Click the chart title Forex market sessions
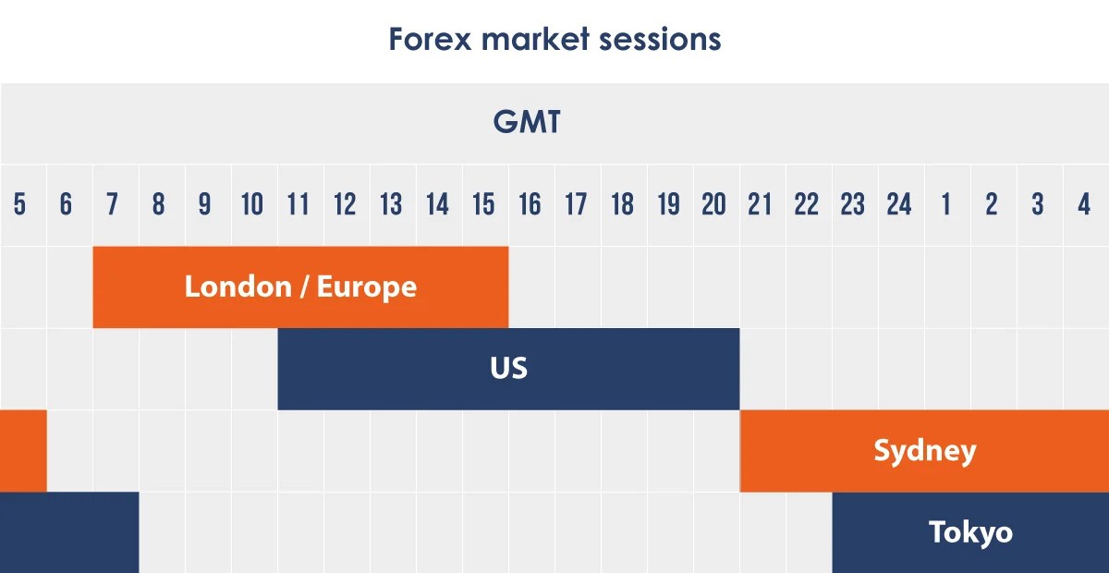coord(554,40)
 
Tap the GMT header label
coord(527,123)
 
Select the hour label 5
coord(20,205)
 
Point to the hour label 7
coord(113,205)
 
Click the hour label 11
coord(298,205)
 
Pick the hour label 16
coord(530,205)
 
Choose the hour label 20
coord(714,205)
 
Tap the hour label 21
coord(760,205)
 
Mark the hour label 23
coord(853,205)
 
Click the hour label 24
coord(899,205)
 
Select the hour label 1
coord(945,205)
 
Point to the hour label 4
coord(1084,205)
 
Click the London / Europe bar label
coord(300,286)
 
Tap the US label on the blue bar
coord(508,368)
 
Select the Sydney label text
coord(924,451)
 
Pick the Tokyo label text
coord(970,532)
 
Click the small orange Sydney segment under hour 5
coord(22,451)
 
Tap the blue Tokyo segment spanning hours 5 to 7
coord(69,532)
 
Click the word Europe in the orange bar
coord(367,286)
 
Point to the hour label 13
coord(391,205)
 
